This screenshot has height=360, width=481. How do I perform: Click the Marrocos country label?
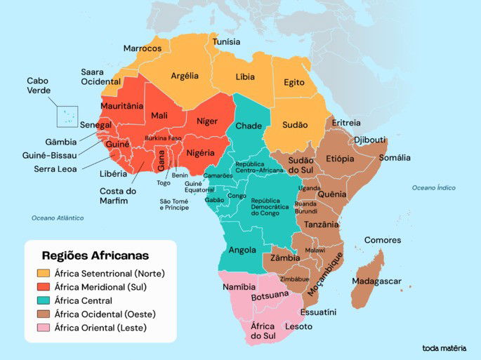coord(143,48)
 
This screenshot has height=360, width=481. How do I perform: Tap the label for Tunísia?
coord(226,41)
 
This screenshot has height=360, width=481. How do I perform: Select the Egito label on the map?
coord(294,83)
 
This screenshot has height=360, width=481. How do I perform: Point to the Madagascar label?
coord(376,281)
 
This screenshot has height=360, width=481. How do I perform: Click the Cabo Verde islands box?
coord(67,116)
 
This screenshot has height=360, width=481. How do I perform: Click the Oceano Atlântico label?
coord(58,218)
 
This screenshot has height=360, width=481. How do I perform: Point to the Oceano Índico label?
coord(433,187)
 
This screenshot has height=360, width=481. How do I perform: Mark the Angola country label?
coord(242,250)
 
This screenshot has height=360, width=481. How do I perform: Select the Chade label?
coord(249,126)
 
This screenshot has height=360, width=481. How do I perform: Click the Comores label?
coord(383,240)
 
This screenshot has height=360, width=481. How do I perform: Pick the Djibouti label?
coord(370,140)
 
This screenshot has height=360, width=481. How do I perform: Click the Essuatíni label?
coord(318,312)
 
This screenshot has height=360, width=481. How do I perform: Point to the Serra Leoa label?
coord(56,168)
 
